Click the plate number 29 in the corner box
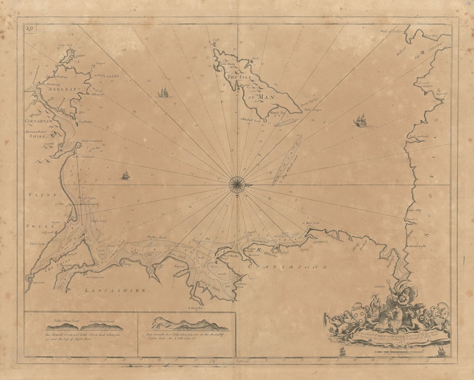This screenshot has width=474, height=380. tap(29, 29)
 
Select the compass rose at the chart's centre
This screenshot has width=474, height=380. tap(237, 185)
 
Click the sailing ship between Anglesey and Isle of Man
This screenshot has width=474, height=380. tap(164, 93)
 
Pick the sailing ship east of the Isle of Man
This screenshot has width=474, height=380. tap(360, 121)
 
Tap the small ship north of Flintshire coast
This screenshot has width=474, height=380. tap(126, 175)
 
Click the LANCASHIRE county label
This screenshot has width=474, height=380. tap(115, 291)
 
